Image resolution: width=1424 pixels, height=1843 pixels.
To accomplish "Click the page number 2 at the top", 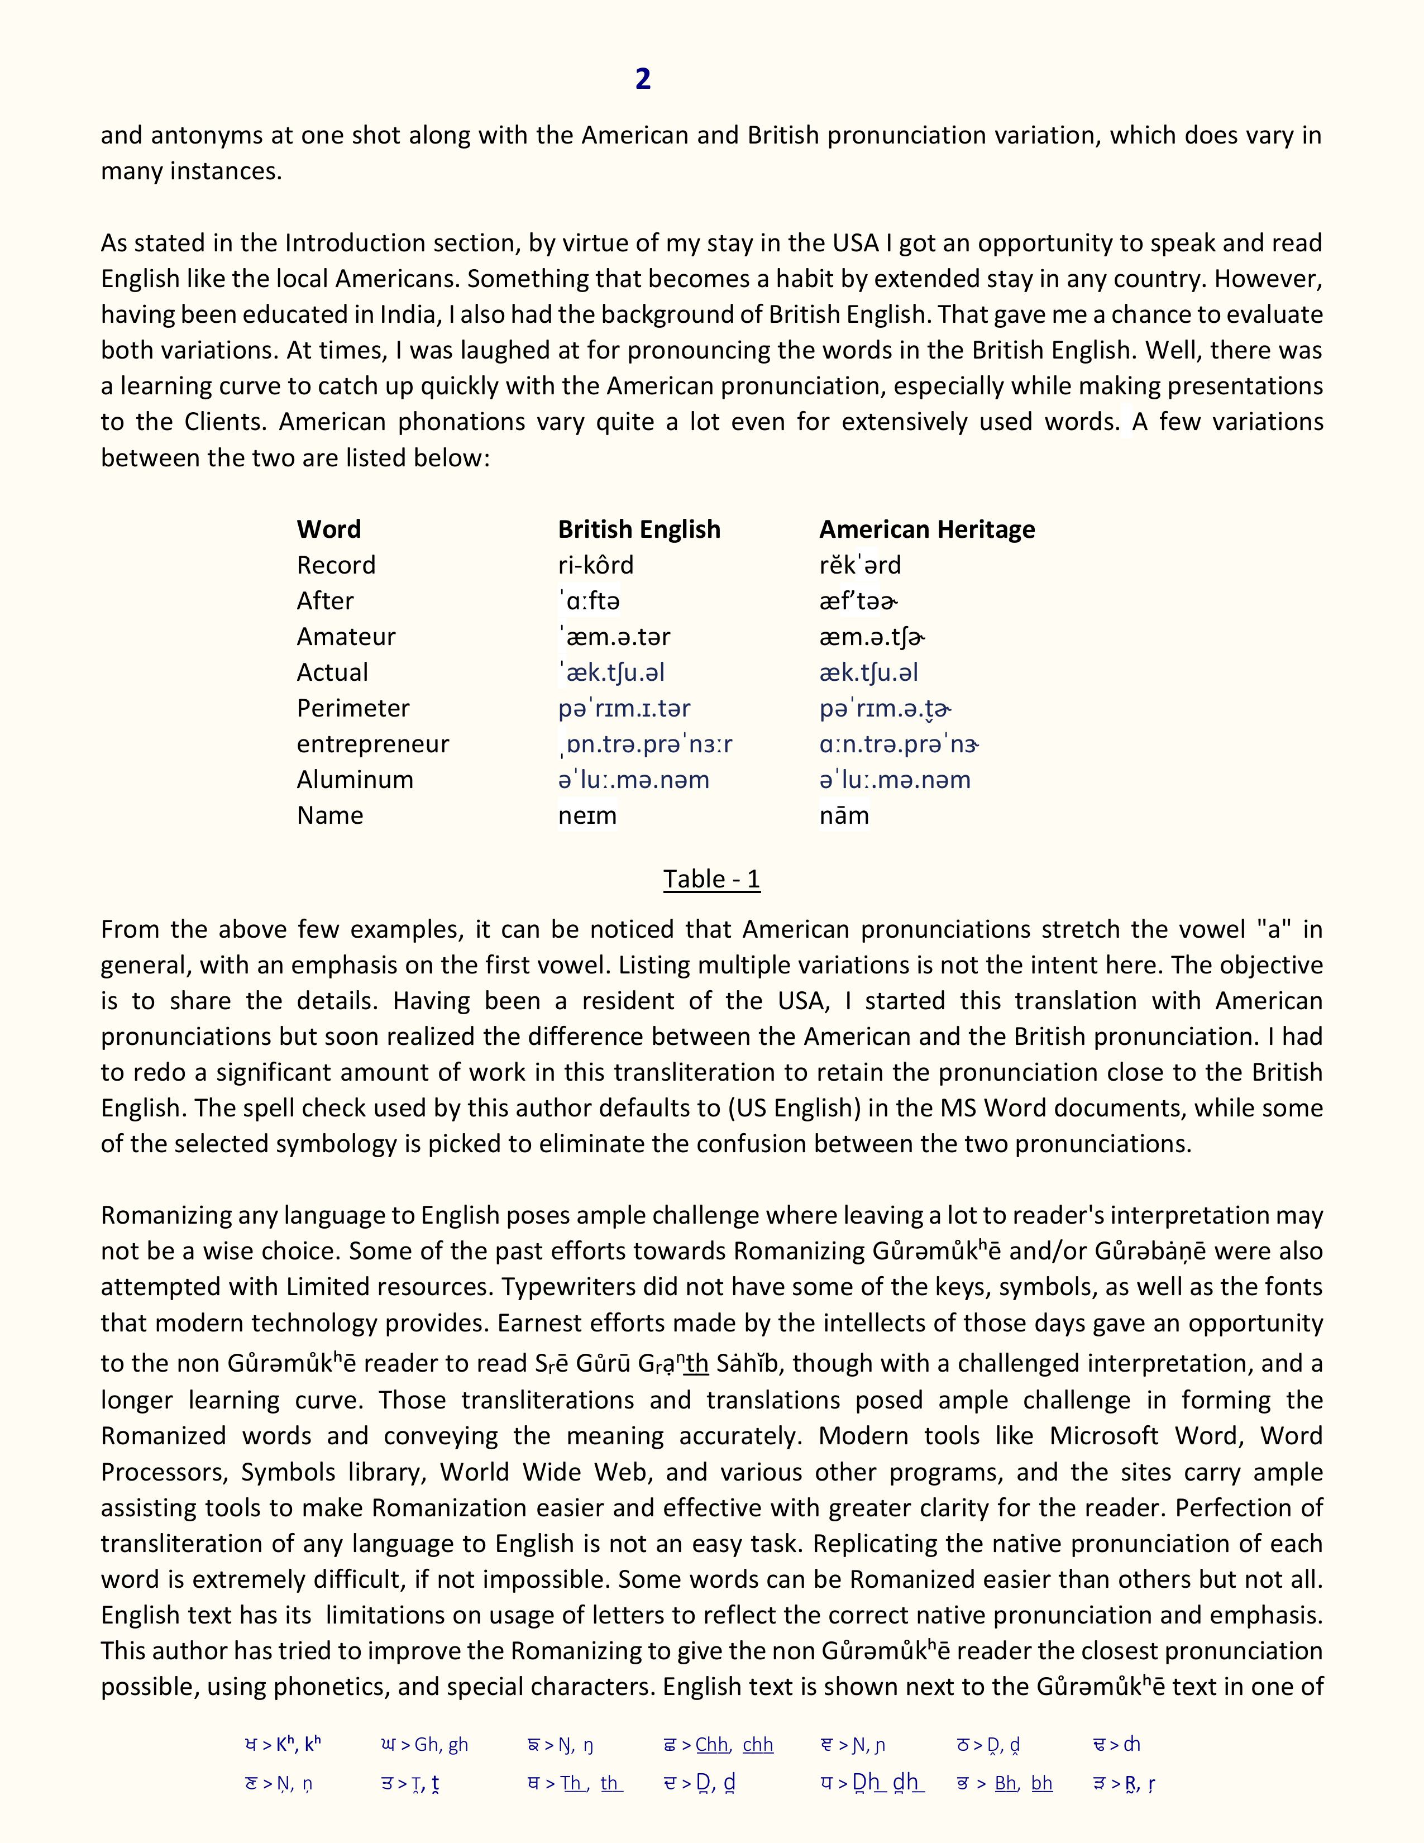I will pos(643,79).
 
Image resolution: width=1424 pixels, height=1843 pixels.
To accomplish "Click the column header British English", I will pos(639,529).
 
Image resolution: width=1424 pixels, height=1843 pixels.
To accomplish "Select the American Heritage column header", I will pos(926,529).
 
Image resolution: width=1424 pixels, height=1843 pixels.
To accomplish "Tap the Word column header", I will pos(328,529).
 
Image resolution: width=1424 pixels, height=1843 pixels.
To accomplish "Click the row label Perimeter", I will pos(352,708).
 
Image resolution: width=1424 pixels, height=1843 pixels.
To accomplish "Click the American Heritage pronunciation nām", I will pos(844,815).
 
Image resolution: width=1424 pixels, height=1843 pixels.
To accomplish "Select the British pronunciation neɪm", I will pos(587,815).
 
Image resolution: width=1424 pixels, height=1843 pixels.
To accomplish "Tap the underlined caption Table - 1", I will pos(711,878).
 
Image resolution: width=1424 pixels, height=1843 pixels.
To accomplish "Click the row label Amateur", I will pos(345,636).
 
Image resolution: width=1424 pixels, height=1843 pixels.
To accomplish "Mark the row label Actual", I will pos(332,672).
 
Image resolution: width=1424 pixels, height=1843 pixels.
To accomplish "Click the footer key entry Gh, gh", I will pos(424,1744).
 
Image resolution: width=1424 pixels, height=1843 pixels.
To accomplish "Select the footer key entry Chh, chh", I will pos(720,1744).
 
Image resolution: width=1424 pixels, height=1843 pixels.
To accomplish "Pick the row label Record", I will pos(336,565).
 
